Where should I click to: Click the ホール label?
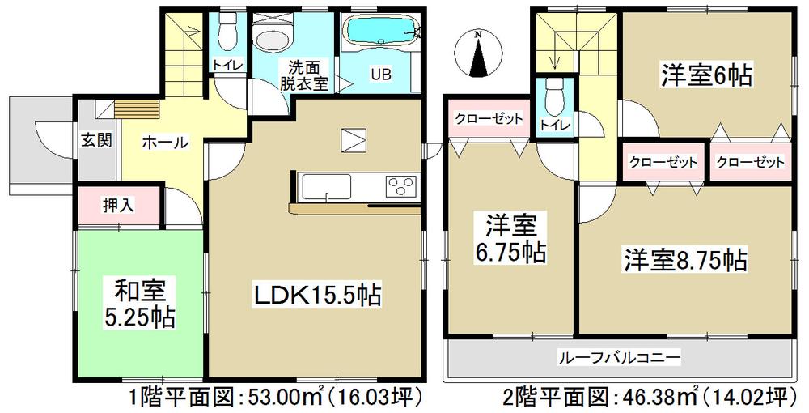tap(165, 143)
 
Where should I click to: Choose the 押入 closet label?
tap(118, 206)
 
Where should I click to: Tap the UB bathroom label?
tap(380, 75)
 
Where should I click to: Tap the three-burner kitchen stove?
tap(400, 186)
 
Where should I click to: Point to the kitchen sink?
tap(325, 189)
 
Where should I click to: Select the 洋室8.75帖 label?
tap(684, 261)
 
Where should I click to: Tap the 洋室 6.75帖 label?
tap(510, 238)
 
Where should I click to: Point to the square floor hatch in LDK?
tap(354, 140)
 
